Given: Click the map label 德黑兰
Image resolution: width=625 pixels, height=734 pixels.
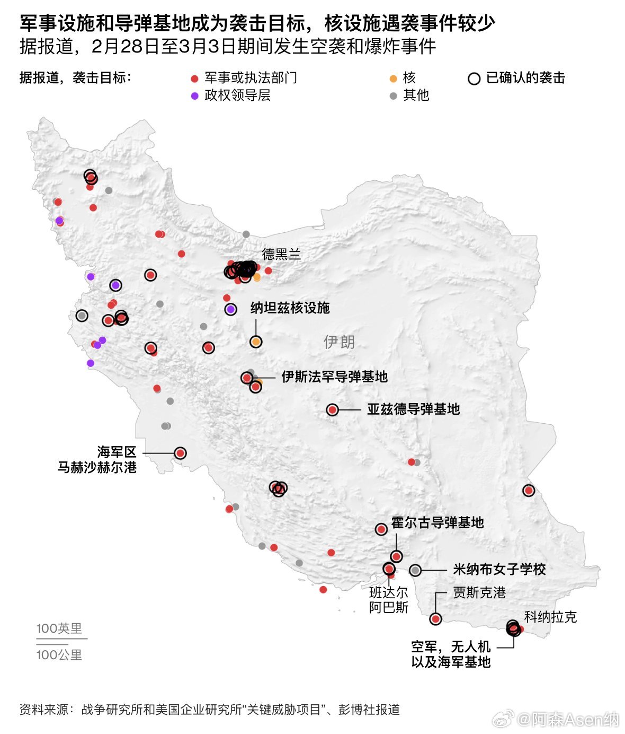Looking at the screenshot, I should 281,255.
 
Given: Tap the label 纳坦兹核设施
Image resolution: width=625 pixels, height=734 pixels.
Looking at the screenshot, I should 290,308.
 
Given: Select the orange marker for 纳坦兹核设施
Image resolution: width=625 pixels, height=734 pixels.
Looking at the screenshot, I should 256,342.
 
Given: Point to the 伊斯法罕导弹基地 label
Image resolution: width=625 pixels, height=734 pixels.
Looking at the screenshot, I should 334,377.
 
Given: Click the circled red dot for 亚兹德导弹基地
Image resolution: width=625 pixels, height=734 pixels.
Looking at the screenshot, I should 332,410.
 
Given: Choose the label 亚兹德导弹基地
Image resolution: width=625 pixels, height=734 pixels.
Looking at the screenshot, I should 413,409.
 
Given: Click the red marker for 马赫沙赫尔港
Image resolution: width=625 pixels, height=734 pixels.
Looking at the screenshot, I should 180,453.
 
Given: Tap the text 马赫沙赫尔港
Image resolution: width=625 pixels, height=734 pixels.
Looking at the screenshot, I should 97,467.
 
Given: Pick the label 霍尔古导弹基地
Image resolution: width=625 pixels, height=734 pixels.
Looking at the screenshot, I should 437,522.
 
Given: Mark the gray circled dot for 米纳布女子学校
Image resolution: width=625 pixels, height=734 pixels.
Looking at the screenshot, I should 415,570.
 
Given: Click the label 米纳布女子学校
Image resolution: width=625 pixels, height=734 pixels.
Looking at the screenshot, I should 499,570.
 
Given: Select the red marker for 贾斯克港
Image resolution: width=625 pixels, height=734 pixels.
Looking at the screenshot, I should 435,619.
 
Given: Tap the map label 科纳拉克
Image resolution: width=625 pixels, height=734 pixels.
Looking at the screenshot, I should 550,617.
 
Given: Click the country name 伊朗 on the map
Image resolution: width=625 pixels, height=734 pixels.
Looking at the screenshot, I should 339,342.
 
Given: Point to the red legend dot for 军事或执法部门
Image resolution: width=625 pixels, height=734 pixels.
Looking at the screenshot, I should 194,79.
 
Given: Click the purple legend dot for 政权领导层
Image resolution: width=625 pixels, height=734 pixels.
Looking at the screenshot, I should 194,96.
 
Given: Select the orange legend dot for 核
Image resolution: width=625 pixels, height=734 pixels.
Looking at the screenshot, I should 393,79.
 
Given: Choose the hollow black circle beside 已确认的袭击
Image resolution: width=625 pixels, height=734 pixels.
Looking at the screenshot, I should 474,79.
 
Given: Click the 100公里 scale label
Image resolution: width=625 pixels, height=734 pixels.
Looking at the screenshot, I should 59,655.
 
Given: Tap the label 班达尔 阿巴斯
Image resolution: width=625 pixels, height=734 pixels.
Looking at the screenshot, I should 389,600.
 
